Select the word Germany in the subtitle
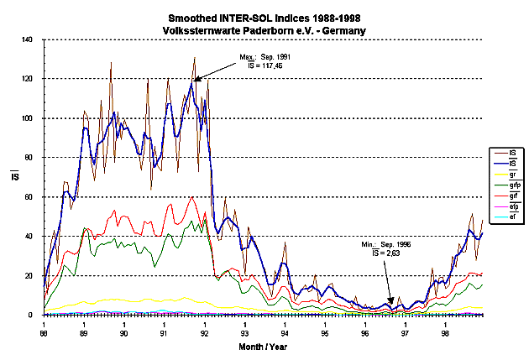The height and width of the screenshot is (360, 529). point(346,30)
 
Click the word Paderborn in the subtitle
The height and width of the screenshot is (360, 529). point(273,30)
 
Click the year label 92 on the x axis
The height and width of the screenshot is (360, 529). point(205,332)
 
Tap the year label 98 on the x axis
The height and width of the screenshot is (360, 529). point(446,332)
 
